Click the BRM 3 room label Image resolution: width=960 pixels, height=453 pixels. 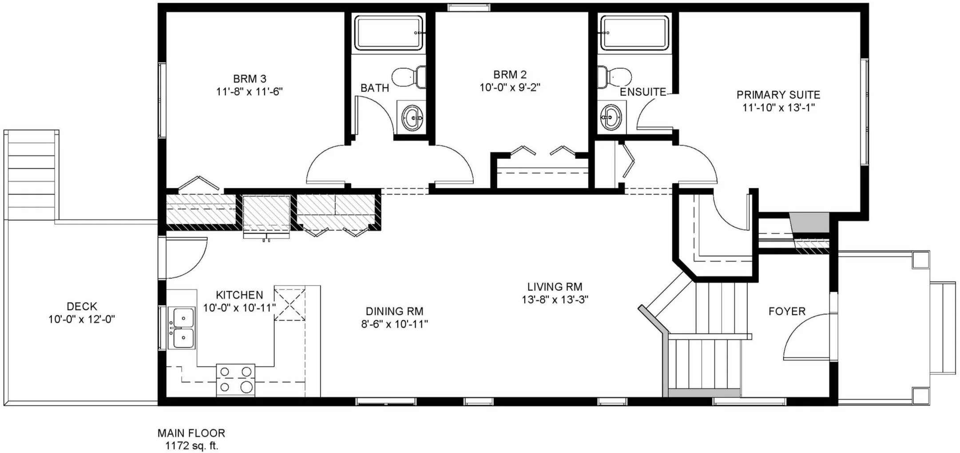coord(250,79)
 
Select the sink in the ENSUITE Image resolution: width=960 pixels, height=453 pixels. coord(611,116)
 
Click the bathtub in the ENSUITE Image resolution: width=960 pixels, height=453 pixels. coord(635,33)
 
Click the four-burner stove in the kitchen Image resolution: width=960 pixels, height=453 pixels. coord(236,380)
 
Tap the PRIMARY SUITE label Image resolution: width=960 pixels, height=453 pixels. coord(778,95)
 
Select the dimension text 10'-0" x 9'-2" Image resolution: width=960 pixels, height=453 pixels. coord(510,87)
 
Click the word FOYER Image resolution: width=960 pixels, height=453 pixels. coord(787,311)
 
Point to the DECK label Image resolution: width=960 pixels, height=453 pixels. coord(82,306)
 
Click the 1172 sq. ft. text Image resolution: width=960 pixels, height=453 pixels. coord(192,445)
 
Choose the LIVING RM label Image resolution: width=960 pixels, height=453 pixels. coord(555,287)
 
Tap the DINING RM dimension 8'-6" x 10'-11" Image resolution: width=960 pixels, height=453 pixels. coord(394,324)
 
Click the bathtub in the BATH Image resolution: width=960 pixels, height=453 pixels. coord(389,33)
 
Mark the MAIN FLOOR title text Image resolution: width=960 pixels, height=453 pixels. coord(191,433)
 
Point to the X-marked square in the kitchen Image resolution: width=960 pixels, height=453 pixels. coord(290,304)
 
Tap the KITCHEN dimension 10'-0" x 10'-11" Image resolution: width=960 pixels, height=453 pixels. coord(239,308)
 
